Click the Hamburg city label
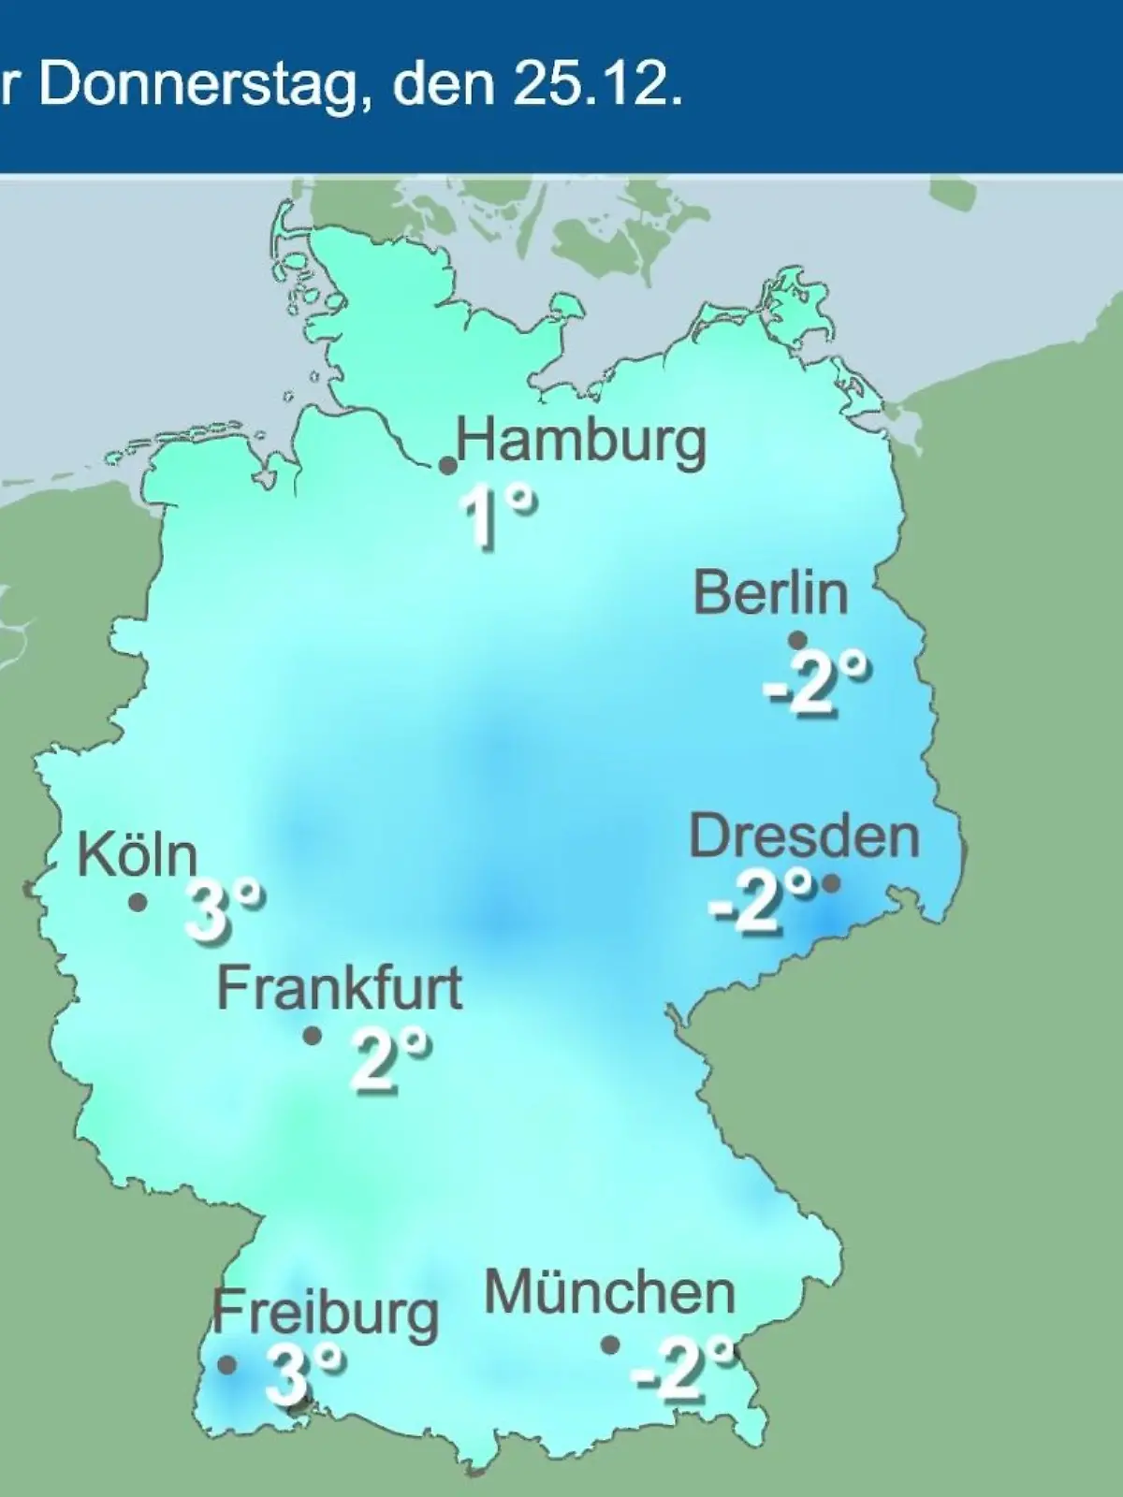point(580,443)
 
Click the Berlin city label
point(770,593)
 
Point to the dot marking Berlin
point(797,641)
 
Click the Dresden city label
point(804,836)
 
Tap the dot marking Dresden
point(830,882)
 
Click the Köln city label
point(138,854)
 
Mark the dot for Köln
point(138,903)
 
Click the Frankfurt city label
point(340,988)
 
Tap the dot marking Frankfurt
point(313,1037)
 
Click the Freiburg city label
point(325,1313)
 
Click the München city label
point(609,1294)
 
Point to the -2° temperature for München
point(682,1365)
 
